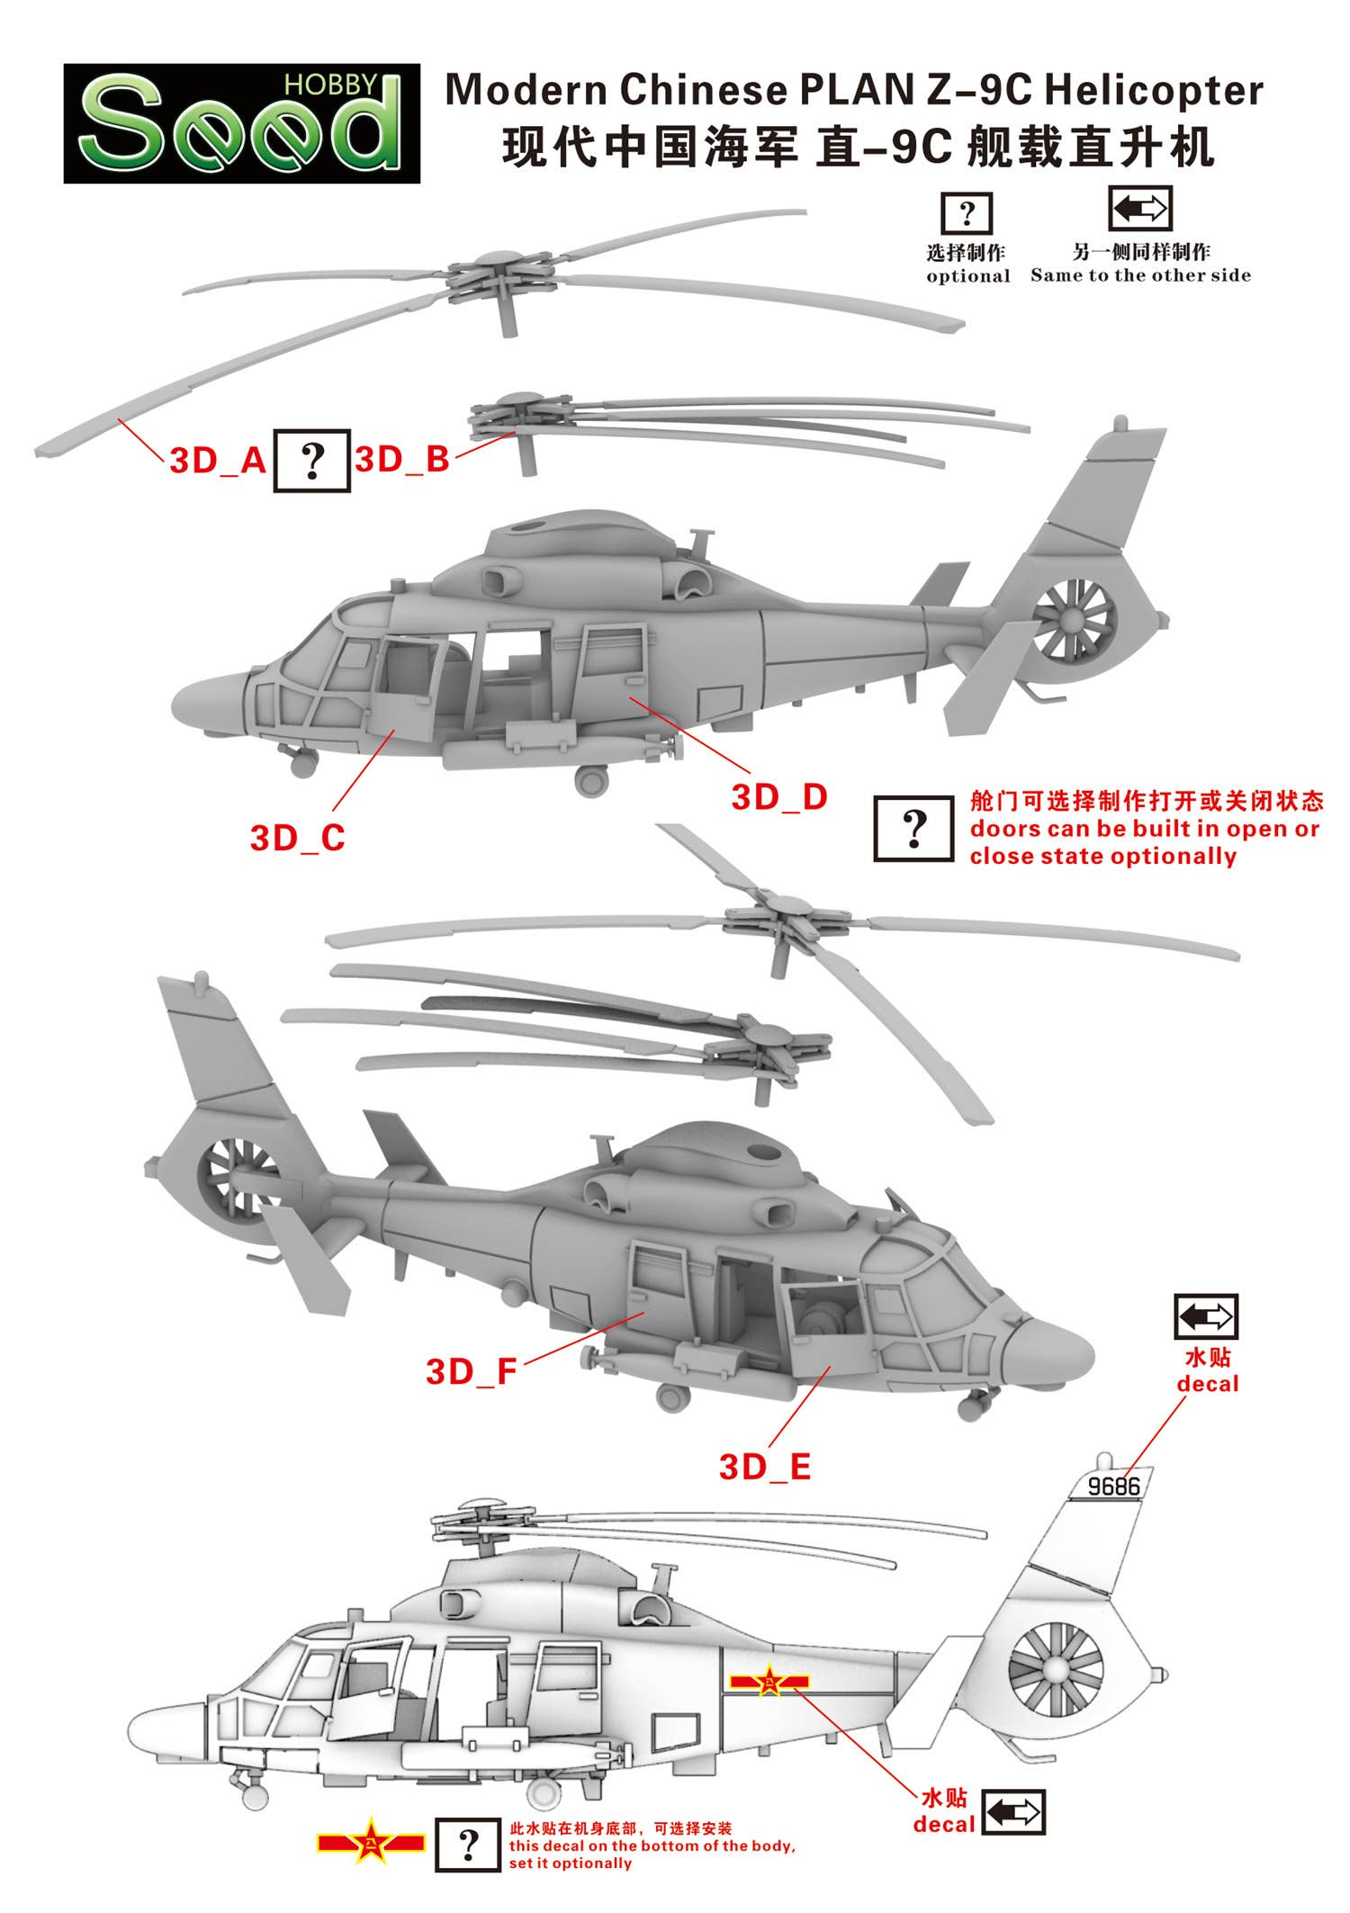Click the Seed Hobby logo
(x=241, y=123)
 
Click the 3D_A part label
(x=219, y=461)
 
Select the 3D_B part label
(x=402, y=460)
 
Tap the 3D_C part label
(x=298, y=838)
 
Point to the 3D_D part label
(x=779, y=797)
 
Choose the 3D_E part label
(x=765, y=1468)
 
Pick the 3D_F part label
(x=472, y=1372)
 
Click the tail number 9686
(x=1113, y=1486)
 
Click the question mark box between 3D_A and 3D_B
(x=311, y=461)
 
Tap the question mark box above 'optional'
(x=967, y=214)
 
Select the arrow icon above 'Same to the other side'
(x=1139, y=209)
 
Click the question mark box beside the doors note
(x=914, y=828)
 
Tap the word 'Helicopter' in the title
(x=1156, y=90)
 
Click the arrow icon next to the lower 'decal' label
(x=1013, y=1811)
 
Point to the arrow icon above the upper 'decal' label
(x=1206, y=1316)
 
